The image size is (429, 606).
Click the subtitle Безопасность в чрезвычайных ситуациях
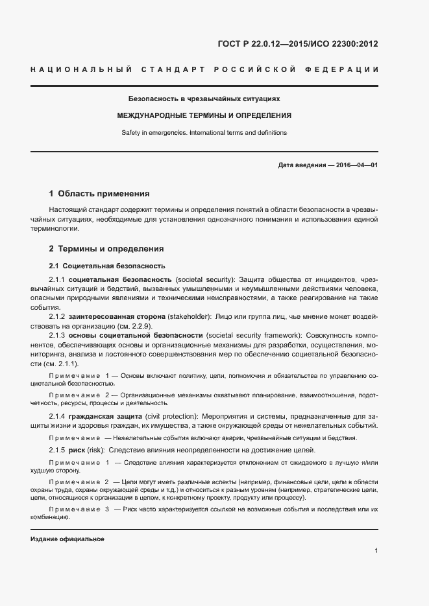[x=204, y=99]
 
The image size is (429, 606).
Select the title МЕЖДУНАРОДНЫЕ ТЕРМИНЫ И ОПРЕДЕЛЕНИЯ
[x=204, y=115]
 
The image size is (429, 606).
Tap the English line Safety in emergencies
[x=204, y=132]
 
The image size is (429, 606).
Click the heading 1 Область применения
[x=99, y=193]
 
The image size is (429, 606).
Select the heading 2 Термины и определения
[x=106, y=249]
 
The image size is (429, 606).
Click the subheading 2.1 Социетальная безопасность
[x=98, y=266]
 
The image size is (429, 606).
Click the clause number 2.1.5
[x=58, y=450]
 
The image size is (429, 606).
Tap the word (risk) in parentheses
[x=95, y=450]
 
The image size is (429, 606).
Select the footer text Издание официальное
[x=67, y=539]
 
